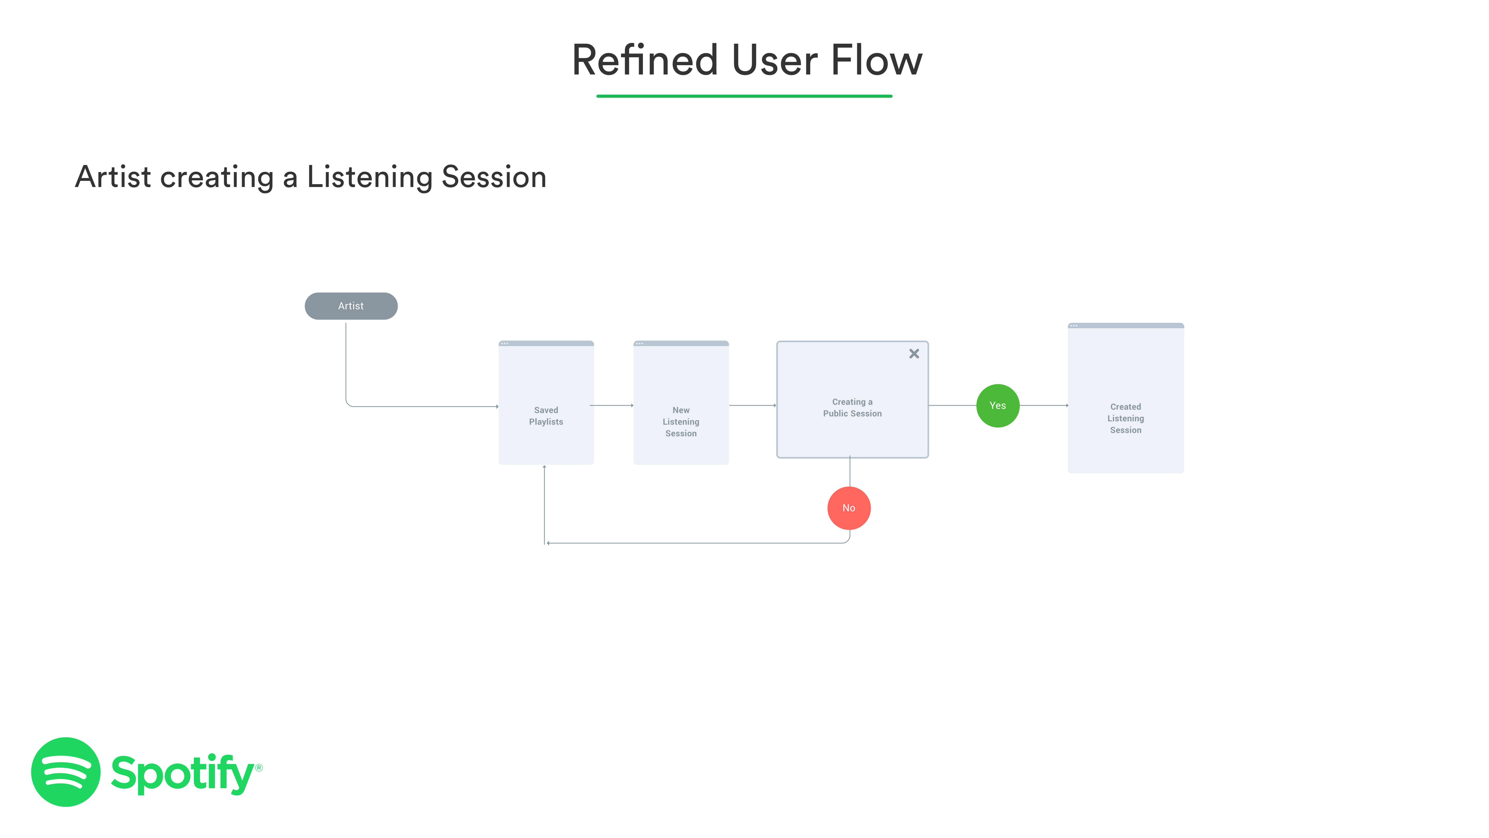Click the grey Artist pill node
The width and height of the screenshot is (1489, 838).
click(351, 306)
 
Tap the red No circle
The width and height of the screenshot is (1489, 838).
click(848, 508)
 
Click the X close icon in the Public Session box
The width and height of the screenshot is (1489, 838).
click(914, 353)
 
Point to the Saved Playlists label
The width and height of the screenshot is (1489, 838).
click(546, 416)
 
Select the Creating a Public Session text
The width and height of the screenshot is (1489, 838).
click(852, 408)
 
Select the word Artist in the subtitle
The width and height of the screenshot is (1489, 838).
click(113, 177)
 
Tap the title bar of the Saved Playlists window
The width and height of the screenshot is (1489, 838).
click(546, 343)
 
